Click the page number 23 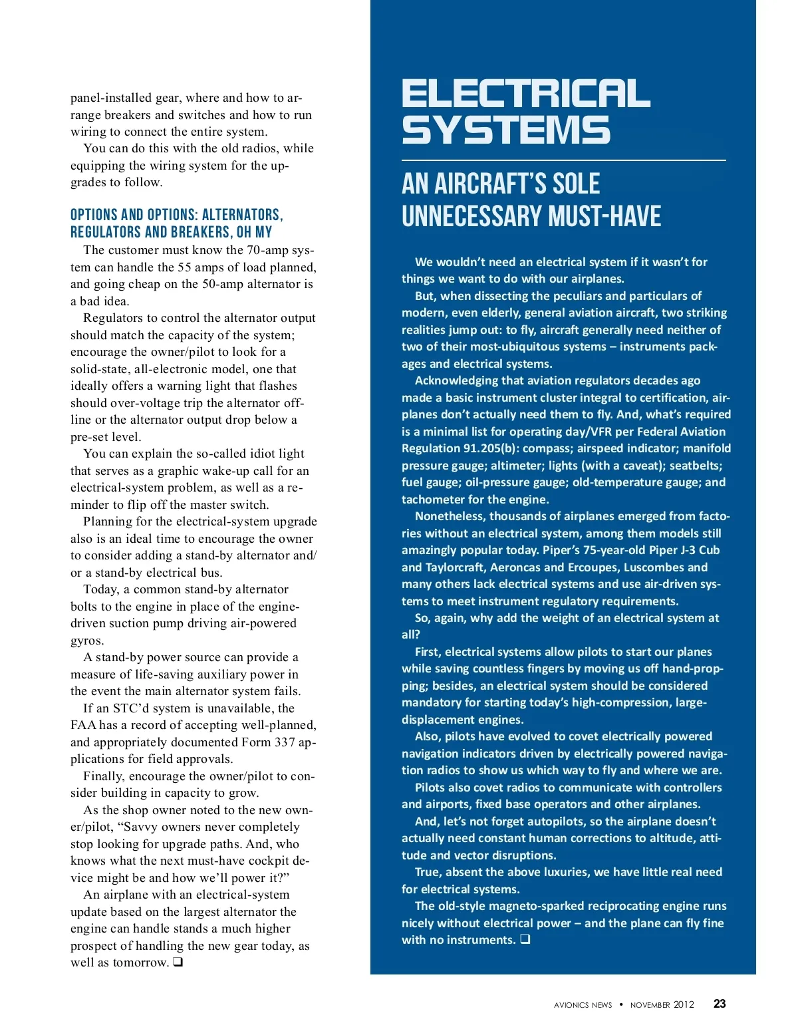(x=720, y=1004)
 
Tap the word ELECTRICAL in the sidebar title (x=525, y=94)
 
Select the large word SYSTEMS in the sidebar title (x=505, y=130)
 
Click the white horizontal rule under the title (x=563, y=160)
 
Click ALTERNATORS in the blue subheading (x=242, y=215)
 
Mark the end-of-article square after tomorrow (x=178, y=962)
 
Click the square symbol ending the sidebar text (x=525, y=939)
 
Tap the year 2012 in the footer (x=684, y=1004)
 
